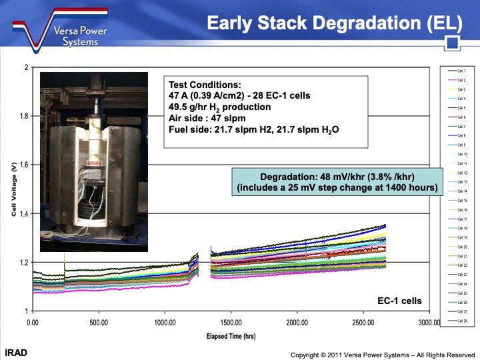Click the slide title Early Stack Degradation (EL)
click(334, 23)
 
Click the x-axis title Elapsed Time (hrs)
click(231, 337)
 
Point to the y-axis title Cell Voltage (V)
click(13, 189)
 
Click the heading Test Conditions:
click(204, 85)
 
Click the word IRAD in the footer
click(16, 351)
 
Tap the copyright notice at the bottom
click(381, 355)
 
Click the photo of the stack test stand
click(93, 162)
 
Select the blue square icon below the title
click(453, 44)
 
